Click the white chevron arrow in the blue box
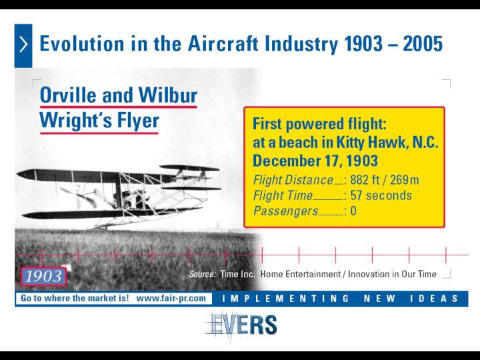[23, 44]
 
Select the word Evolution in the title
[82, 43]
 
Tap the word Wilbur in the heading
[168, 95]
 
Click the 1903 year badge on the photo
[43, 276]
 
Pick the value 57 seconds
[381, 195]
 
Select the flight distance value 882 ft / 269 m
[385, 180]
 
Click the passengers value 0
[353, 211]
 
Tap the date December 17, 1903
[315, 161]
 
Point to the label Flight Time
[283, 195]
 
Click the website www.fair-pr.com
[171, 298]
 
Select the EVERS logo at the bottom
[241, 326]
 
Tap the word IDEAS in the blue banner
[434, 298]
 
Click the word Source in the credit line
[202, 274]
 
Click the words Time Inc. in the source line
[237, 274]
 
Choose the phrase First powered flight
[319, 124]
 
